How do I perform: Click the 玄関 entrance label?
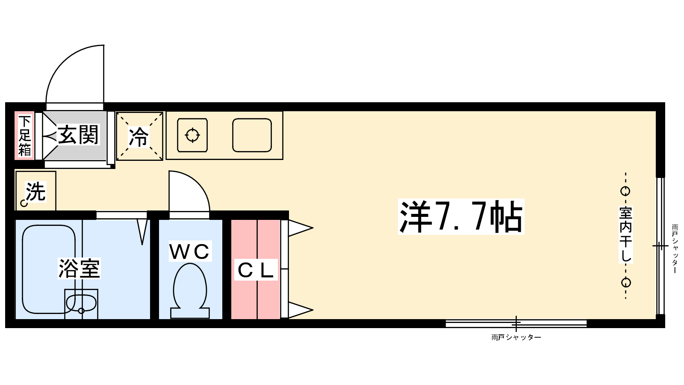pos(79,135)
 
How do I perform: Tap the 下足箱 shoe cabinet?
pos(24,135)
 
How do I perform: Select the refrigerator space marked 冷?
pos(139,136)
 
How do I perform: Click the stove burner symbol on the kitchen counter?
pos(192,135)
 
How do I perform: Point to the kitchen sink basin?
pos(252,135)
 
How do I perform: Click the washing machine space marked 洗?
pos(36,191)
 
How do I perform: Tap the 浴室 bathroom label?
pos(80,268)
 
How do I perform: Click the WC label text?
pos(190,252)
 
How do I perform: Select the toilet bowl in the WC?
pos(190,290)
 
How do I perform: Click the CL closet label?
pos(256,270)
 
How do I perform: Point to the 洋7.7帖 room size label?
pos(461,216)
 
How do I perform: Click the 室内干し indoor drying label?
pos(626,234)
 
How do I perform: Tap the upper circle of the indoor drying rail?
pos(625,191)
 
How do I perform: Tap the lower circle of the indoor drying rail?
pos(626,283)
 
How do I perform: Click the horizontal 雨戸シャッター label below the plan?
pos(516,338)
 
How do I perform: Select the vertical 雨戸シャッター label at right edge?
pos(675,249)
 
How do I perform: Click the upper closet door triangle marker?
pos(301,228)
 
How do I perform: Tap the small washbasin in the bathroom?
pos(81,303)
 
